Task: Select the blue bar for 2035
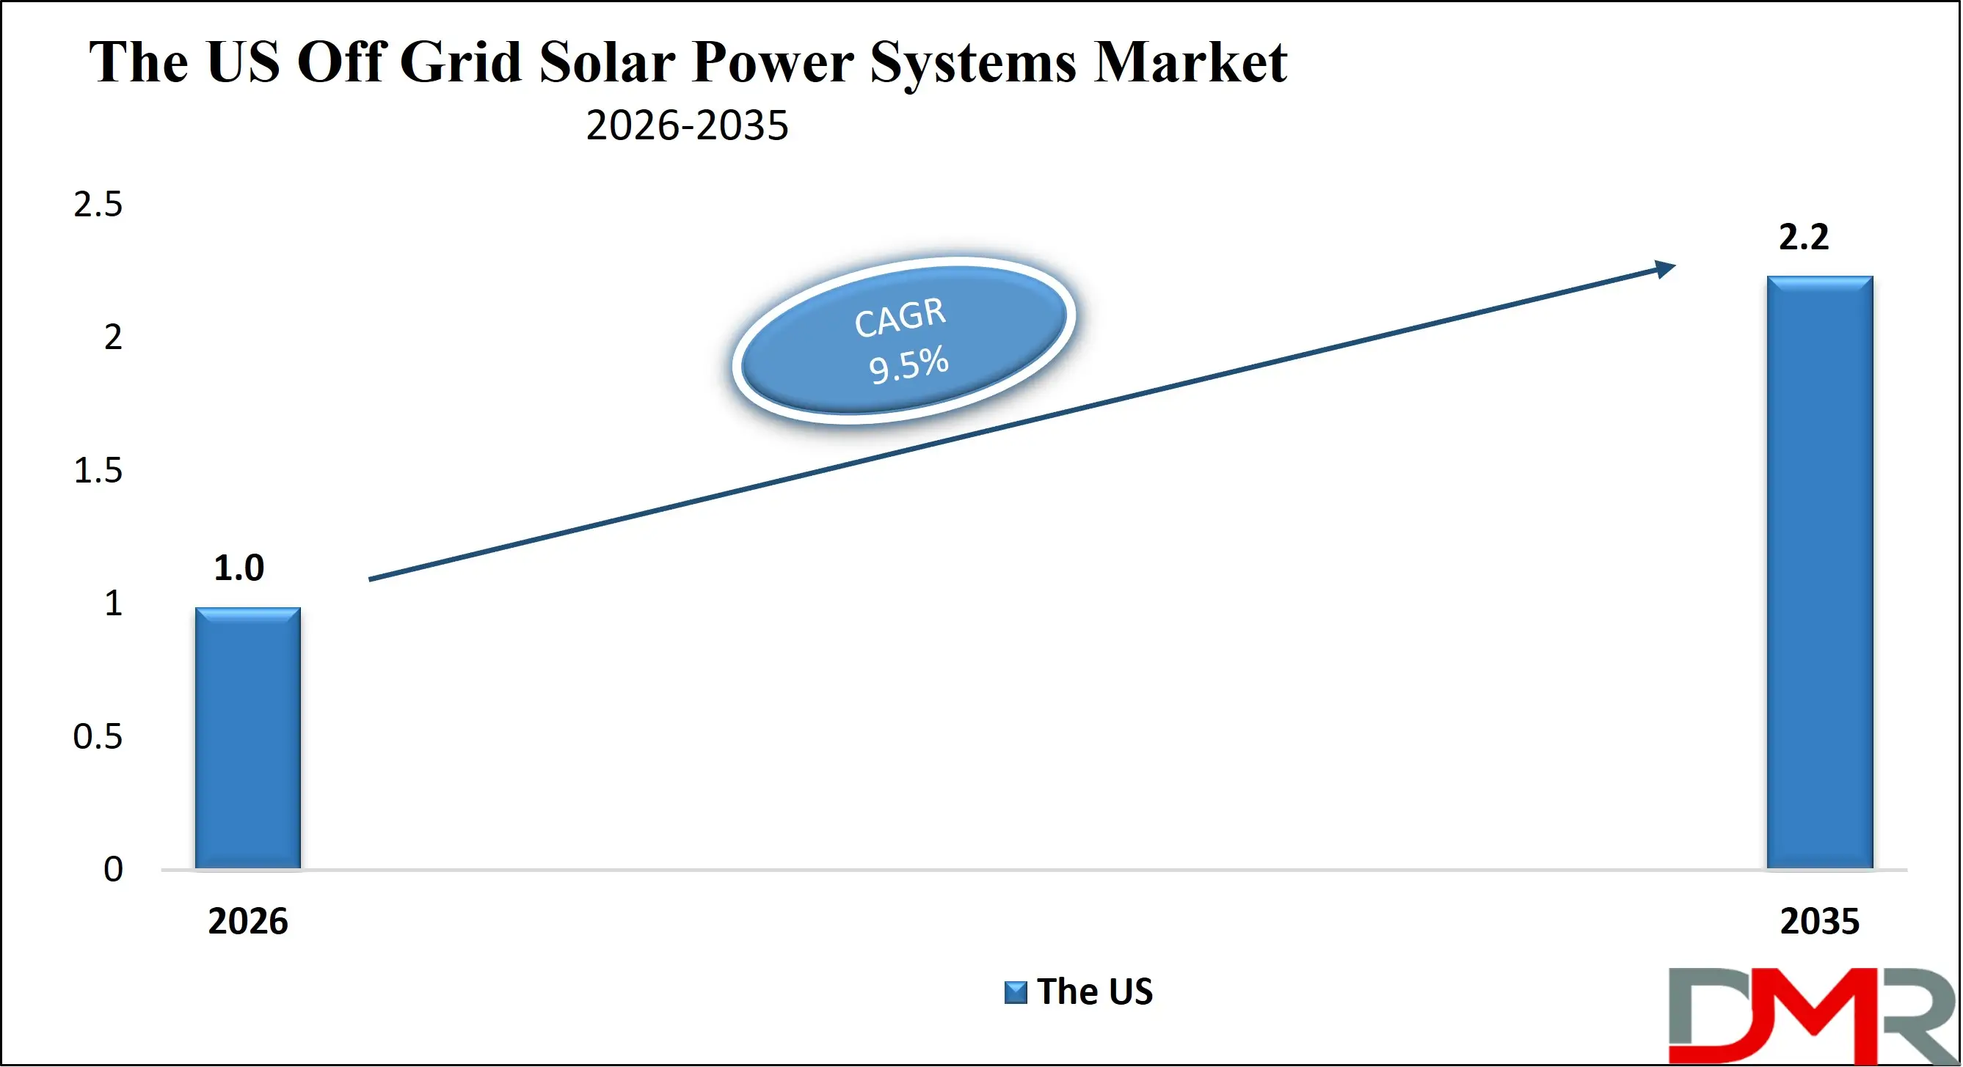[1820, 571]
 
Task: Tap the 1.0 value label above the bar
[238, 568]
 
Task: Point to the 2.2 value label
[1803, 237]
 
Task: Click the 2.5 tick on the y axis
[98, 204]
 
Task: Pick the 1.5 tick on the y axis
[98, 471]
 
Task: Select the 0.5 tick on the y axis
[98, 736]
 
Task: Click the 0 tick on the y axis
[113, 869]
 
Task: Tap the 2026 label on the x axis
[247, 922]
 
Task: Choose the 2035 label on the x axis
[1819, 922]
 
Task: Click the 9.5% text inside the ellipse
[908, 364]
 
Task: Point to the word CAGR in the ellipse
[900, 317]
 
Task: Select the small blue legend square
[1015, 992]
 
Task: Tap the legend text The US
[1094, 991]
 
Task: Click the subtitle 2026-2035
[687, 125]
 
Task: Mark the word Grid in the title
[460, 62]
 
